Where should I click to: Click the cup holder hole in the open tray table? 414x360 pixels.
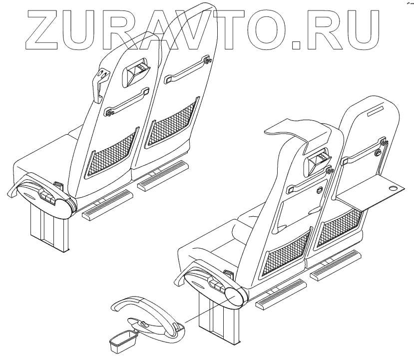point(393,189)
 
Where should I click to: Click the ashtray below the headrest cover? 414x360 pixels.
point(318,161)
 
